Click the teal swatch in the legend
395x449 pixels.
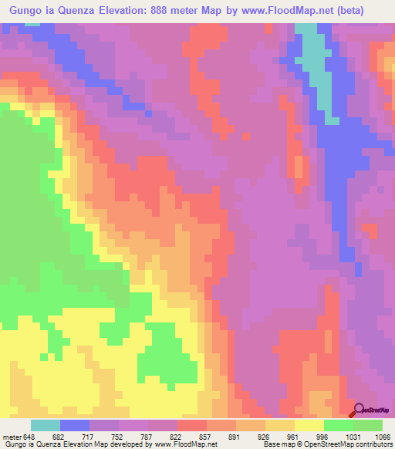click(45, 426)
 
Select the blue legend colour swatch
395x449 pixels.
click(74, 426)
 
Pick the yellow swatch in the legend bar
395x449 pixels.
click(309, 426)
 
